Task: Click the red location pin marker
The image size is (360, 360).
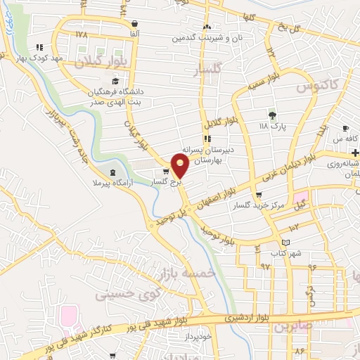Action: [x=180, y=165]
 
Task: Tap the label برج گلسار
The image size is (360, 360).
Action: [x=166, y=182]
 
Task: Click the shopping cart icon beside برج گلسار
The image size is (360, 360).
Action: [x=166, y=171]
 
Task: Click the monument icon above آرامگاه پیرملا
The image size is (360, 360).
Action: [x=113, y=172]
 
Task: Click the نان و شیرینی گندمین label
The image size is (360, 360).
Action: [x=209, y=37]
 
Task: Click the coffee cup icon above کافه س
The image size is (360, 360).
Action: [x=345, y=129]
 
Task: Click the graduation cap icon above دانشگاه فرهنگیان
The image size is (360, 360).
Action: [x=115, y=82]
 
